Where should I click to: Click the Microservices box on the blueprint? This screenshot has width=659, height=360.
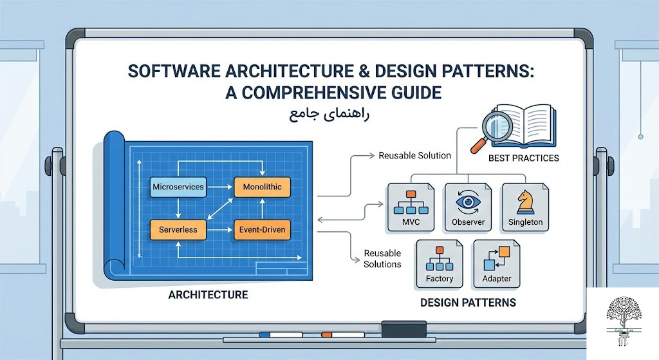tap(178, 187)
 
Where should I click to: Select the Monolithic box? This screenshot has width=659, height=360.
tap(262, 187)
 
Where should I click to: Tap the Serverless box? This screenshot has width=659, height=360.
tap(178, 229)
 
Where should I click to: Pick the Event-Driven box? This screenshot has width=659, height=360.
tap(262, 229)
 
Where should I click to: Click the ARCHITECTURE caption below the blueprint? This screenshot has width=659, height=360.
tap(208, 295)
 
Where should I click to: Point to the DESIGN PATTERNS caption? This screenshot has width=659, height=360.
tap(468, 301)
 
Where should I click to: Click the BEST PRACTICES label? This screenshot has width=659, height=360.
tap(523, 158)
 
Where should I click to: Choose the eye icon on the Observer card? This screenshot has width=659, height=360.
tap(468, 201)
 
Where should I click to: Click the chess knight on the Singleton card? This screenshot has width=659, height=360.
tap(524, 201)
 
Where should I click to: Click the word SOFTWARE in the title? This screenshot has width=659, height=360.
tap(174, 70)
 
